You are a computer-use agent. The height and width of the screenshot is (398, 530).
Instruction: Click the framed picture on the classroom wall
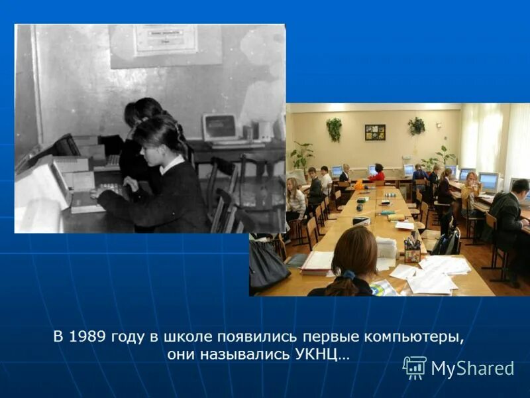(x=375, y=132)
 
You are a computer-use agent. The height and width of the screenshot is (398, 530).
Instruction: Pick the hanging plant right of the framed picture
(x=417, y=125)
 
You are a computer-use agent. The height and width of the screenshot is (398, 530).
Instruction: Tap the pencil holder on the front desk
(x=412, y=250)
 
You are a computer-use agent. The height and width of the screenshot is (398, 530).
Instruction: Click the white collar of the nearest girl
(x=172, y=163)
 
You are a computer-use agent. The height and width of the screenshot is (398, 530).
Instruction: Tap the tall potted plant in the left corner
(x=302, y=157)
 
